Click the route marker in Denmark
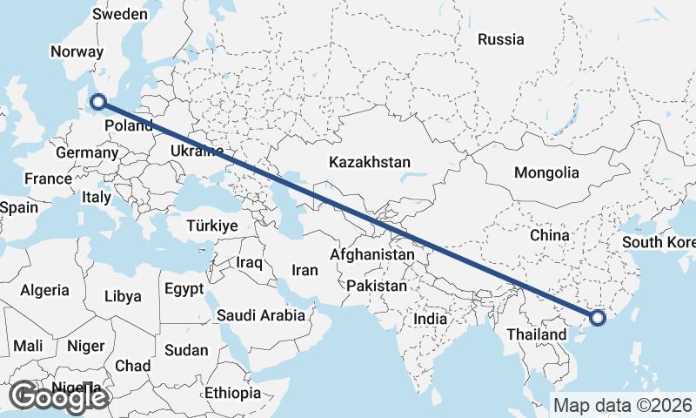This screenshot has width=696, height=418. [x=98, y=103]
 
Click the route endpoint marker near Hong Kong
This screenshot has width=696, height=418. [x=598, y=317]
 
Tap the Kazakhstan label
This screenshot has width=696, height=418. [x=369, y=162]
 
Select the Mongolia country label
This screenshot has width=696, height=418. [x=546, y=172]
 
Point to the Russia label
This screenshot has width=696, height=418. [x=501, y=39]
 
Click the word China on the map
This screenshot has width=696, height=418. [x=549, y=235]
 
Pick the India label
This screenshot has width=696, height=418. [x=430, y=319]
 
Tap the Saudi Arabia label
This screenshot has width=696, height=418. [x=261, y=315]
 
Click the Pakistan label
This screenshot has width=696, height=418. [x=376, y=286]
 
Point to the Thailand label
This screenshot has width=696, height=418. [x=537, y=334]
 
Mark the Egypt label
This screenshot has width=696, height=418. [x=184, y=288]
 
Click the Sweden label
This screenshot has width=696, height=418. [x=120, y=14]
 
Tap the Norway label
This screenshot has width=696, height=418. [x=77, y=51]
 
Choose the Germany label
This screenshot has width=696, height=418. [x=86, y=153]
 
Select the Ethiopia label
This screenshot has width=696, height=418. [x=232, y=394]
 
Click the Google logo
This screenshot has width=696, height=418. [x=58, y=397]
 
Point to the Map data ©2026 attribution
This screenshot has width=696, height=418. [x=622, y=405]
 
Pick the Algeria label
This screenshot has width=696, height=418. [x=44, y=290]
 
